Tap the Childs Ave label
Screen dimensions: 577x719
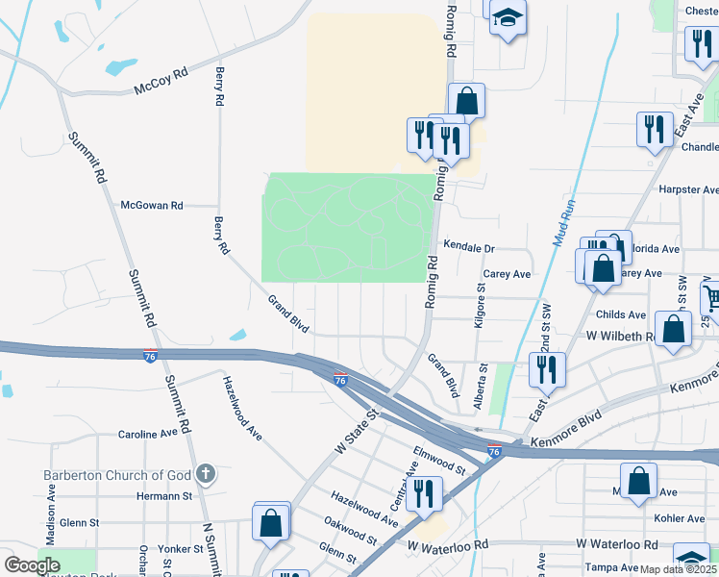tap(621, 314)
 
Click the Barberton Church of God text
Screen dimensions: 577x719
tap(118, 475)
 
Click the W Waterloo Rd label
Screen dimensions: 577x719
tap(447, 545)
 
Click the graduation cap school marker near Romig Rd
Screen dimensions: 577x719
tap(507, 18)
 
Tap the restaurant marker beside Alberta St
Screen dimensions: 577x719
tap(547, 368)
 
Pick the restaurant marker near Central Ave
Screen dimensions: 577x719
tap(423, 492)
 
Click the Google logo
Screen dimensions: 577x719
tap(32, 565)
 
